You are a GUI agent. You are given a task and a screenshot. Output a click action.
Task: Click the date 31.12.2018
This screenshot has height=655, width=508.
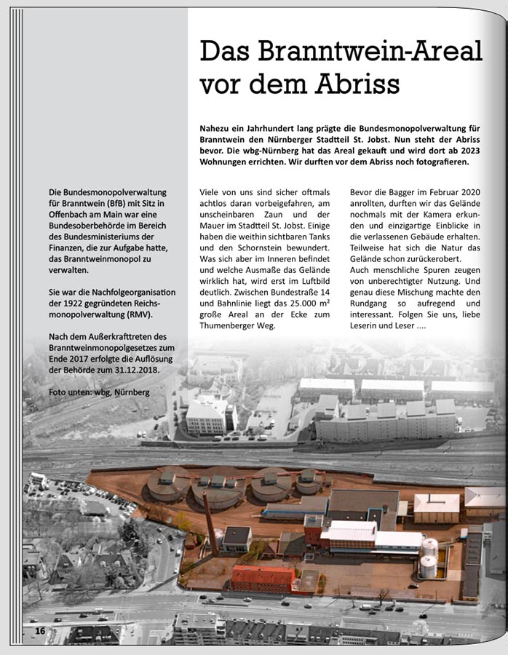tap(135, 370)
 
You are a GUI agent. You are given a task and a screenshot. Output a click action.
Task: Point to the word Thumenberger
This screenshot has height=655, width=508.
tap(232, 325)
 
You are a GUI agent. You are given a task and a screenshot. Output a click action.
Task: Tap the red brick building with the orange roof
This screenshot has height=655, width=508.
tap(262, 579)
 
